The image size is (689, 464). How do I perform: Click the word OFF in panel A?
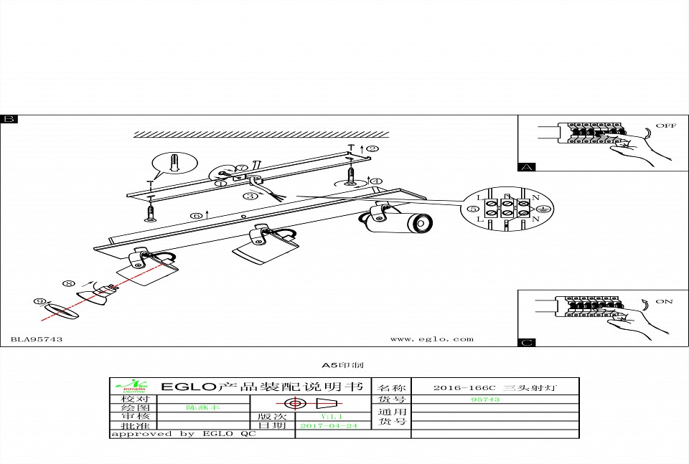point(666,126)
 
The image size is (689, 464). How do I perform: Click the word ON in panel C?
point(664,301)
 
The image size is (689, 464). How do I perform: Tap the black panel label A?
point(527,167)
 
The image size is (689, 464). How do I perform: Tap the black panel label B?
point(9,119)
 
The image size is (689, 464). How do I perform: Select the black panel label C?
point(527,343)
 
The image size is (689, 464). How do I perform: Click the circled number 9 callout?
point(39,301)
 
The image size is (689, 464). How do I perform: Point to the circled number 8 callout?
point(68,284)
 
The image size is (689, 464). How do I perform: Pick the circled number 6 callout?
point(196,215)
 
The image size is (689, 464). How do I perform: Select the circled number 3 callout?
point(250,196)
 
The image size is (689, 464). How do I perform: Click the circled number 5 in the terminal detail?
point(473,209)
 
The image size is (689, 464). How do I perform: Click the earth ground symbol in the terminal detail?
point(544,208)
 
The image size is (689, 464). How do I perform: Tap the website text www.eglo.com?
point(431,339)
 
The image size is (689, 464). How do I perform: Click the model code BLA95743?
point(37,339)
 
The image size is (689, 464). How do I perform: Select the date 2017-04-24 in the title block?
point(328,425)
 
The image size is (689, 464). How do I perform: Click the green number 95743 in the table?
point(485,399)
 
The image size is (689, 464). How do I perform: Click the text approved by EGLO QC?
point(182,434)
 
